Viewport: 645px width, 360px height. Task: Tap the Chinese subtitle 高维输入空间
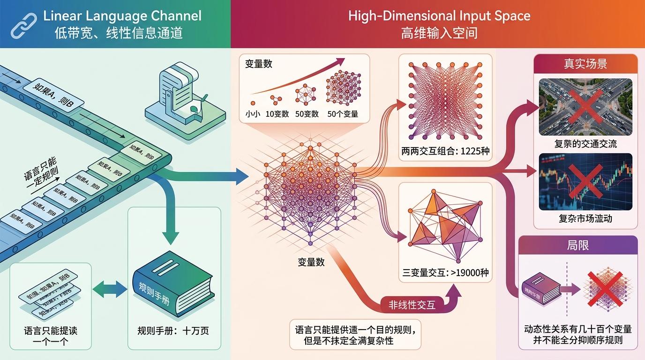point(439,33)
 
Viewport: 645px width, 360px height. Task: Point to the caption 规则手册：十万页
point(173,331)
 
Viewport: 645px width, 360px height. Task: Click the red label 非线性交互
point(412,305)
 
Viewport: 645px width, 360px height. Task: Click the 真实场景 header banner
point(585,64)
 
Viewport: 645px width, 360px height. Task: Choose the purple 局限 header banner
point(577,245)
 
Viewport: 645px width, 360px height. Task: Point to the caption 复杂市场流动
point(585,218)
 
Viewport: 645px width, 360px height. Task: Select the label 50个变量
point(343,113)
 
